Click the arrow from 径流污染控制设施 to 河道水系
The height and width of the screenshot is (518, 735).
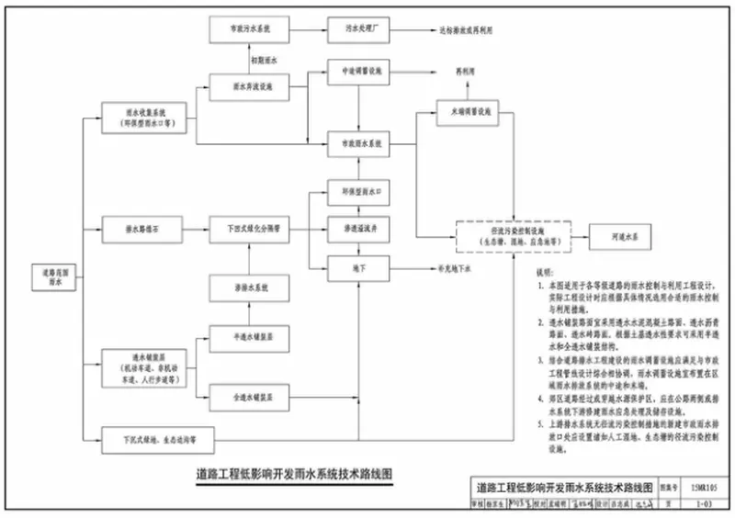tap(571, 237)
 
